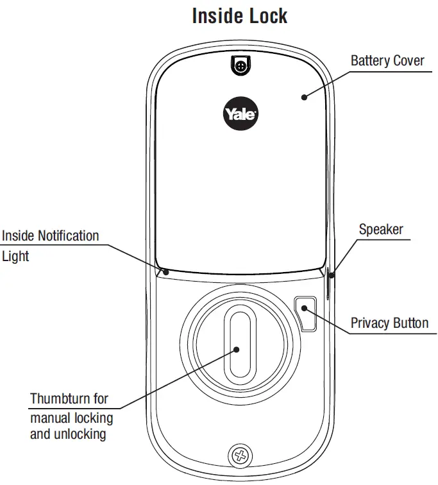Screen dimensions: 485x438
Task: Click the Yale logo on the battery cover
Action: [240, 114]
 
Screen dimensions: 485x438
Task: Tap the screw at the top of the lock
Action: [240, 65]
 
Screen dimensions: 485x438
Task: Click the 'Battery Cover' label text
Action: [387, 61]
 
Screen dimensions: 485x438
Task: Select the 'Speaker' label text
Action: [381, 229]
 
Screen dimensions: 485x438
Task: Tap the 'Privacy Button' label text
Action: [389, 323]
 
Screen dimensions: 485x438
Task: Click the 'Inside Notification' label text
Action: [51, 235]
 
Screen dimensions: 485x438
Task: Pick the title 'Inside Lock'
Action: [240, 16]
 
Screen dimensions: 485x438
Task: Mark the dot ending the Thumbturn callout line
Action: [237, 350]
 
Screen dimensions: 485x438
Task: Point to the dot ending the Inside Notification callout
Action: [165, 272]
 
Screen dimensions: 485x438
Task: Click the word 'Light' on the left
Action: [15, 255]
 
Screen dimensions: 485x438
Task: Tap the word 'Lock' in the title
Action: [265, 16]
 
